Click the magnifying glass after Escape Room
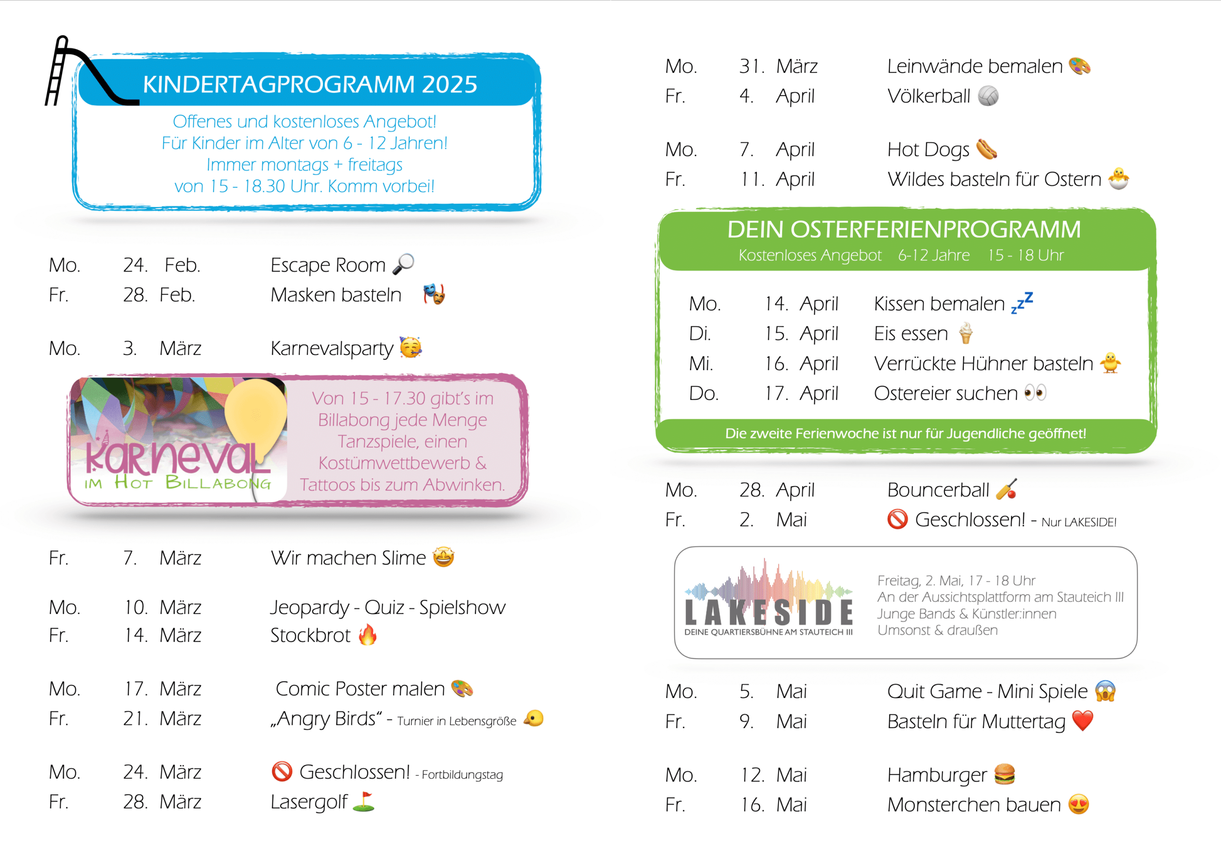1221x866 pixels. (x=404, y=263)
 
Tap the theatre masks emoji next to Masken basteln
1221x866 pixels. (x=435, y=294)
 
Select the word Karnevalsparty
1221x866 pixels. (x=331, y=348)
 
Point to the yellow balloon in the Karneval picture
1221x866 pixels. (x=255, y=416)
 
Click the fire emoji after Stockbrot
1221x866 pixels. (x=368, y=635)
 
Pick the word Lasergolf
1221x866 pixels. (x=309, y=802)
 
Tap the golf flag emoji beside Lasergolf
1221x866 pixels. (x=364, y=801)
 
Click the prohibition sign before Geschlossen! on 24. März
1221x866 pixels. (x=282, y=771)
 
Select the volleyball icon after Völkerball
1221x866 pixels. (x=988, y=96)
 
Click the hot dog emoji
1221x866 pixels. (x=986, y=149)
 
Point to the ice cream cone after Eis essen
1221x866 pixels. (x=965, y=334)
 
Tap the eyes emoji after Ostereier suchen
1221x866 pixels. (x=1035, y=393)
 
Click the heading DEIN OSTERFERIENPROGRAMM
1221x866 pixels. (x=904, y=230)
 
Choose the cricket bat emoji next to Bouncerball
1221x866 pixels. (x=1007, y=489)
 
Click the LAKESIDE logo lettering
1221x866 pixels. (x=768, y=612)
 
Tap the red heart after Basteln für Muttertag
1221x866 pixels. (x=1082, y=720)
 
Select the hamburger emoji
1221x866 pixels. (x=1004, y=774)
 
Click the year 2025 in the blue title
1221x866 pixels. (x=449, y=84)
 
